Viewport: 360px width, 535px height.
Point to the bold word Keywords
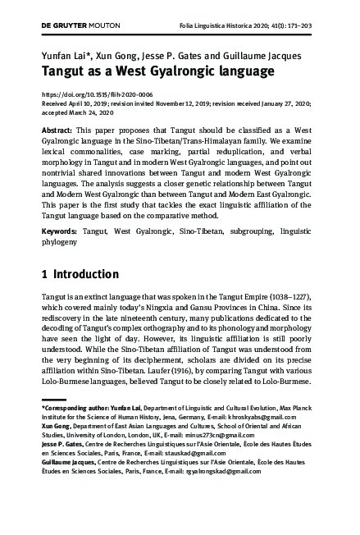(x=61, y=234)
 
